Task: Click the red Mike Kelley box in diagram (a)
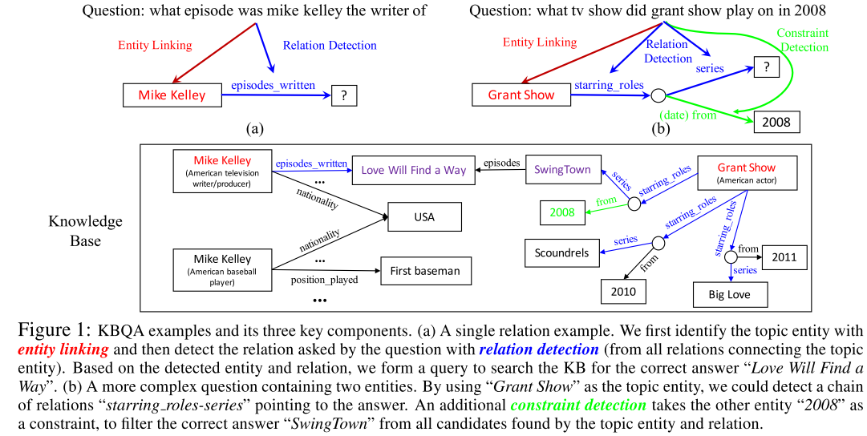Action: tap(172, 95)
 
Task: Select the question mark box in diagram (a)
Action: tap(343, 95)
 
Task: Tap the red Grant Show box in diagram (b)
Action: tap(521, 95)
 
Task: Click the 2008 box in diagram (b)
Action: tap(776, 122)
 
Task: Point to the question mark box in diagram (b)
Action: tap(767, 68)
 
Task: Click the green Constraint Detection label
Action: tap(802, 41)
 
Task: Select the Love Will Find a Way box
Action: tap(413, 170)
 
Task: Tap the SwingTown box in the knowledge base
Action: tap(562, 170)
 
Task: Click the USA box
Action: tap(424, 217)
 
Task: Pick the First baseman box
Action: tap(425, 271)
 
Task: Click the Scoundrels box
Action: tap(561, 252)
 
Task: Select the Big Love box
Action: tap(731, 294)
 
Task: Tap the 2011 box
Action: tap(784, 257)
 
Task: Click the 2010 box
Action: tap(622, 291)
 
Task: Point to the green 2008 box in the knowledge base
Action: tap(561, 212)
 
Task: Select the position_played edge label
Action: tap(324, 281)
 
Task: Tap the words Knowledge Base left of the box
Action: tap(85, 230)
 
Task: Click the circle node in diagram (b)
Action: tap(658, 95)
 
